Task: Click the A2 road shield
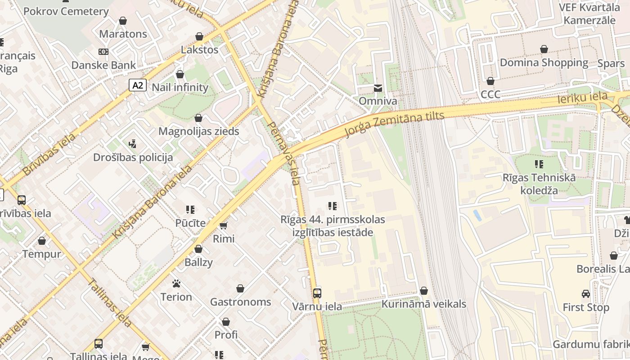click(x=138, y=85)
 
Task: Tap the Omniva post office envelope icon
click(x=378, y=88)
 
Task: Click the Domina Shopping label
click(x=544, y=63)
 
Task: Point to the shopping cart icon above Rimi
click(x=224, y=225)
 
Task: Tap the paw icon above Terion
click(x=176, y=283)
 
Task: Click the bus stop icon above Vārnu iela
click(x=317, y=293)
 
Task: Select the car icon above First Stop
click(x=586, y=294)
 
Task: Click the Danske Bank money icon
click(x=103, y=52)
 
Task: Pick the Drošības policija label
click(x=133, y=157)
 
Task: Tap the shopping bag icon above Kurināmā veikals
click(x=424, y=291)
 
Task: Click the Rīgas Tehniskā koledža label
click(x=539, y=184)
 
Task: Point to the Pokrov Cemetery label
click(x=66, y=11)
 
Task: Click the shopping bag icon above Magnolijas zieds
click(x=198, y=118)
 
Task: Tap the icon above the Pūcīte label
click(x=190, y=210)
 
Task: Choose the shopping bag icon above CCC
click(x=490, y=81)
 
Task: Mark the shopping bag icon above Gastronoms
click(x=241, y=288)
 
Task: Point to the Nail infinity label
click(x=180, y=87)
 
